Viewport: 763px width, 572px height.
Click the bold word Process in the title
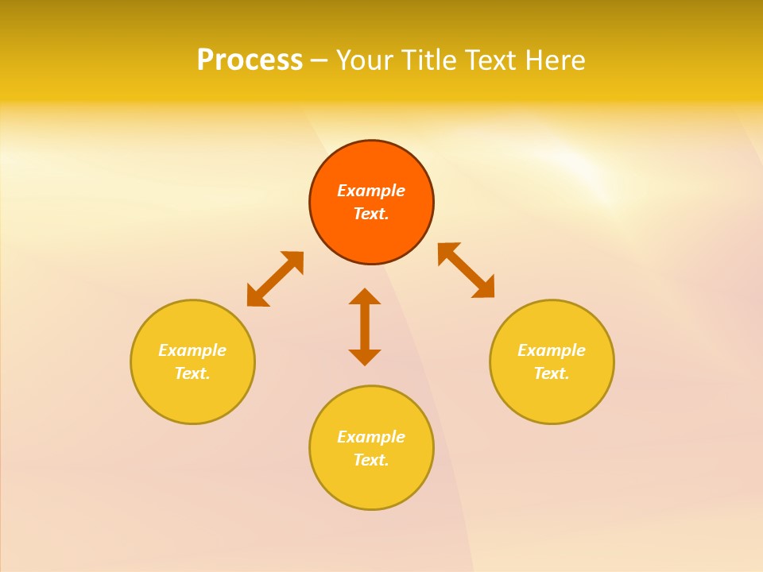click(x=250, y=60)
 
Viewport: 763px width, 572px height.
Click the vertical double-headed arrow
click(x=365, y=327)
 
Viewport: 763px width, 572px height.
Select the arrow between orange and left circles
click(x=275, y=279)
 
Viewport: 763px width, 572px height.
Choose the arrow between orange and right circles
click(x=467, y=270)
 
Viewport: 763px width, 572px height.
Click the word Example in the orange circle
click(x=371, y=191)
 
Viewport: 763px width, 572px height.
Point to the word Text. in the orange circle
click(x=371, y=214)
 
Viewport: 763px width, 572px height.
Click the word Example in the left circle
click(x=192, y=350)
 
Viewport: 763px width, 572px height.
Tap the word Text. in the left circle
click(x=192, y=373)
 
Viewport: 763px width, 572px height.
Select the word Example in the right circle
click(x=552, y=350)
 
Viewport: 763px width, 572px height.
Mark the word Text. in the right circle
click(x=552, y=373)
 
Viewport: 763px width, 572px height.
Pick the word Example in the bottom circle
click(x=371, y=437)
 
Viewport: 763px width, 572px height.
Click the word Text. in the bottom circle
click(x=371, y=460)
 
